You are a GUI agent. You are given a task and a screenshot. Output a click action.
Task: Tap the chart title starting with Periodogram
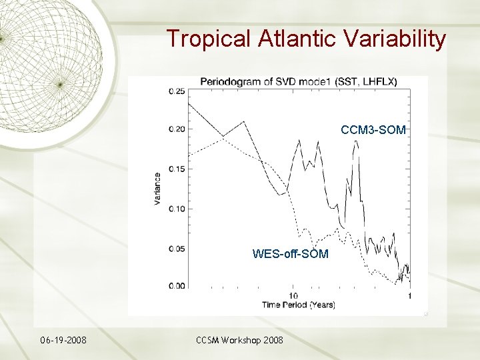pos(299,81)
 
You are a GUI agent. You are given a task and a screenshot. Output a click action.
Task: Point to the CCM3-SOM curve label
pos(373,130)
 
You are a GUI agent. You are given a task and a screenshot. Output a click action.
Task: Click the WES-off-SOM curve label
pos(290,253)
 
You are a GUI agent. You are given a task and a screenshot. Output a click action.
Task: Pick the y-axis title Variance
pos(157,189)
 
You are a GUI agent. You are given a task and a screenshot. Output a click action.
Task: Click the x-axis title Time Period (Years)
pos(299,305)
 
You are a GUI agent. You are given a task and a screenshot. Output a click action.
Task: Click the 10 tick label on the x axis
pos(293,295)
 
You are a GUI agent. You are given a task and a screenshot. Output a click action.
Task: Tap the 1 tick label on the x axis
pos(409,295)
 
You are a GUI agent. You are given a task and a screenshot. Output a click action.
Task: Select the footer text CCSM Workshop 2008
pos(239,341)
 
